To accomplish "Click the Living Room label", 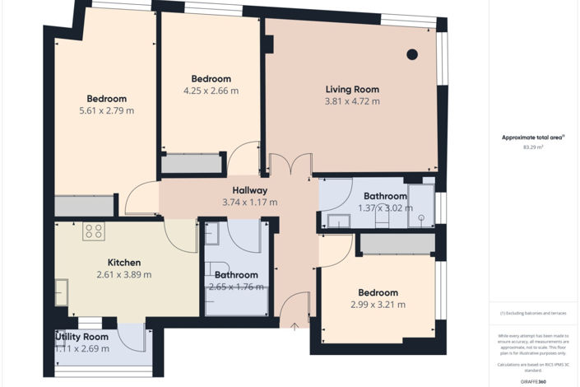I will pos(352,89).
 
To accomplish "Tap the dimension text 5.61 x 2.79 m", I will pos(106,110).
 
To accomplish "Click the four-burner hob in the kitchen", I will pos(93,232).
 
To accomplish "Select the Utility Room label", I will pos(82,337).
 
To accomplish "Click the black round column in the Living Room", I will pos(412,55).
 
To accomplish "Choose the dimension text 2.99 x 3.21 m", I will pos(378,305).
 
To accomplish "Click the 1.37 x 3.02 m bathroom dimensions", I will pos(385,208).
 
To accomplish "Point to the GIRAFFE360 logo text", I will pos(534,381).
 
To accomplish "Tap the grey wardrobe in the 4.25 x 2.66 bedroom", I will pos(191,164).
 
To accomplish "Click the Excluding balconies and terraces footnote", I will pos(534,314).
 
